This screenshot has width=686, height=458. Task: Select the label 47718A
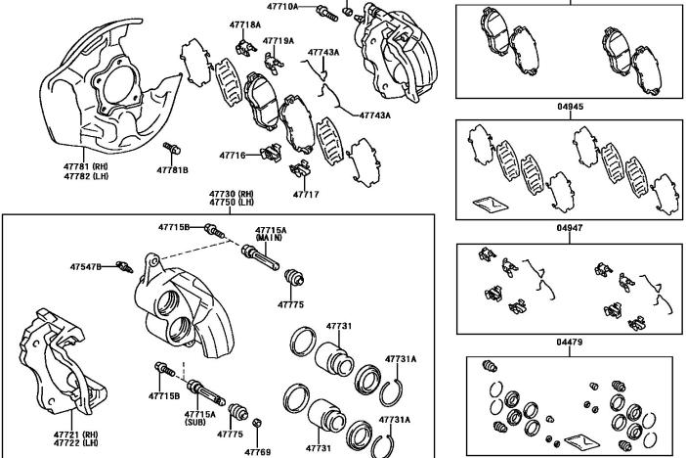[246, 24]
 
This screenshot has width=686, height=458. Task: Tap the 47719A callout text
[279, 41]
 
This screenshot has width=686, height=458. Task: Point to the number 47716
[233, 155]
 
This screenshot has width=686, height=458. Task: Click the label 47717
[306, 195]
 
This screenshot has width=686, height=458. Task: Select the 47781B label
[172, 170]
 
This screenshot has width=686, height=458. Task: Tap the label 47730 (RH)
[231, 194]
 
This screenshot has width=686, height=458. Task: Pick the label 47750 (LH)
[231, 203]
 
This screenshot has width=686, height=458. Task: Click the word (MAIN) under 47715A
[271, 238]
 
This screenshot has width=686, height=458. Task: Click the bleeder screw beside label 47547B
[122, 265]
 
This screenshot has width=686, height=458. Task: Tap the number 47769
[257, 451]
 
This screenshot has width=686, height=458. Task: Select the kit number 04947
[571, 227]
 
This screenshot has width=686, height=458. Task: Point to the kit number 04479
[571, 342]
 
